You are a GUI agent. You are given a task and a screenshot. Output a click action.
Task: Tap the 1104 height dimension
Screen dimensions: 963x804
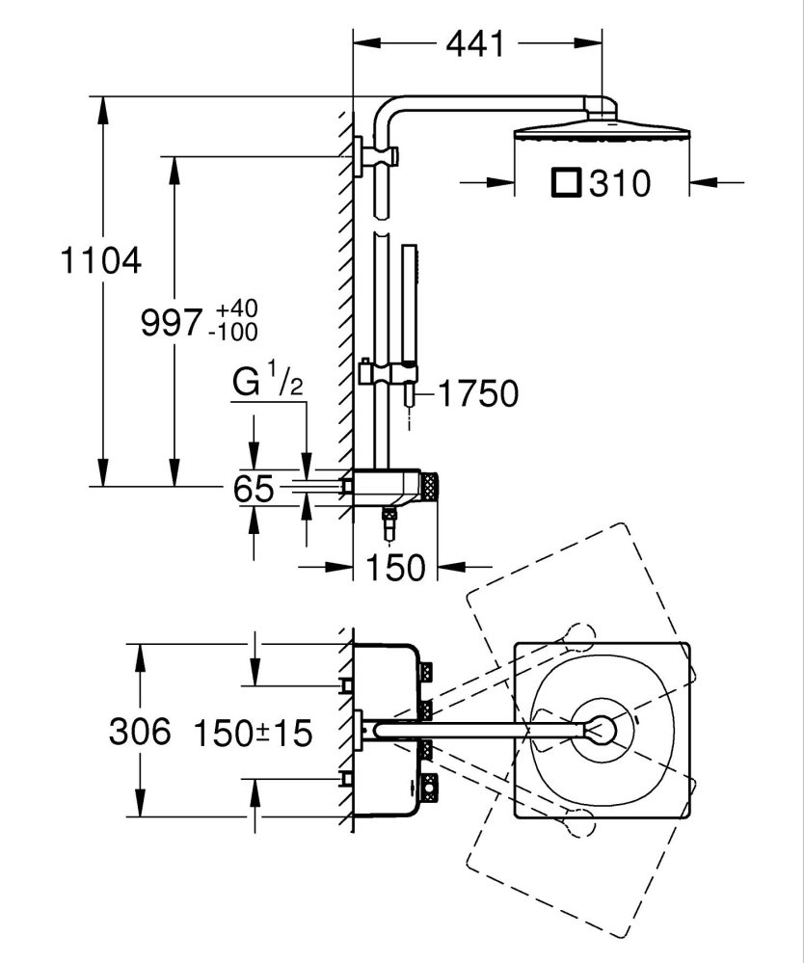[100, 260]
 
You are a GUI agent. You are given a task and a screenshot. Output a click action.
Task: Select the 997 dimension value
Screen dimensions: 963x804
[172, 322]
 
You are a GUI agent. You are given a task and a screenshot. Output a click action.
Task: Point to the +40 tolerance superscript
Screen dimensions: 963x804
[237, 309]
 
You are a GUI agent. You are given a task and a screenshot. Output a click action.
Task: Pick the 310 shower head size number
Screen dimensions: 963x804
[620, 183]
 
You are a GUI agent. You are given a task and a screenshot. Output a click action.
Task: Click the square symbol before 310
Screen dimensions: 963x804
[566, 182]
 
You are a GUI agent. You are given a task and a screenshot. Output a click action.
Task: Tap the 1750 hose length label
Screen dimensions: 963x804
[478, 393]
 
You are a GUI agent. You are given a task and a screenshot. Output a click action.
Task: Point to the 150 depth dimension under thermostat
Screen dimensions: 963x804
[395, 568]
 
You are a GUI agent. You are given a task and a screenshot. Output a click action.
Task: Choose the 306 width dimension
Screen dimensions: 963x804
[139, 733]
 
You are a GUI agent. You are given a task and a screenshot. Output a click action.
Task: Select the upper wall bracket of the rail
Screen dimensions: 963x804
[361, 156]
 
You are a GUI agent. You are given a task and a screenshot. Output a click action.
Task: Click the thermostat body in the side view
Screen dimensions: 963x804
[389, 487]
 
